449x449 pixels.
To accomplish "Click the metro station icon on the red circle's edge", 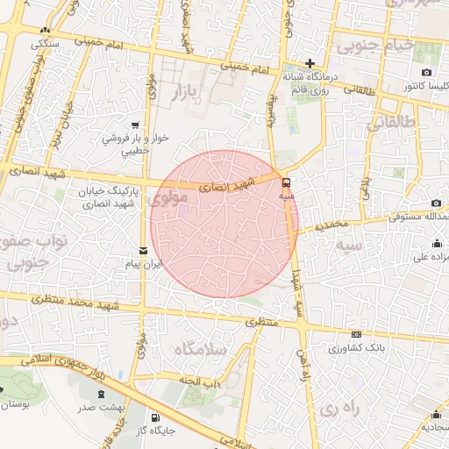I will coord(287,182).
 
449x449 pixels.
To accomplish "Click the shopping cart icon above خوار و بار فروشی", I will coord(135,125).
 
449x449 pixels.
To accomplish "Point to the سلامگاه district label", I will coord(201,349).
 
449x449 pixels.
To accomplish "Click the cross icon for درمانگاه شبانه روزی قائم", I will coord(310,63).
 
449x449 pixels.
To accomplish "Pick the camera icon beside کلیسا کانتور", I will coord(426,72).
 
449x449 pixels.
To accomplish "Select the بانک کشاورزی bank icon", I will coord(356,334).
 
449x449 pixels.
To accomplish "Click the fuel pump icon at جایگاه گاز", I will coord(155,417).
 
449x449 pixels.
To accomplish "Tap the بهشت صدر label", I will coord(97,408).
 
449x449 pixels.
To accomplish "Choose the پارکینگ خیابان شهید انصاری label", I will coord(97,198).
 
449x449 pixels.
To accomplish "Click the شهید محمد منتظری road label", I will coord(82,301).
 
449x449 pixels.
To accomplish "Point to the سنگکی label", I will coord(44,42).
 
